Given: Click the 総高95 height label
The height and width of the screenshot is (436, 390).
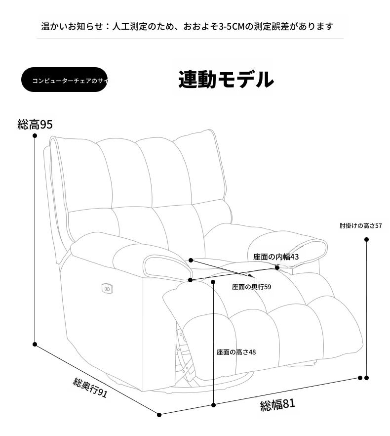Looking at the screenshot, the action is pyautogui.click(x=35, y=124).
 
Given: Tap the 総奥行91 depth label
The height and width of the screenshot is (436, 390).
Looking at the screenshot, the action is pyautogui.click(x=90, y=388).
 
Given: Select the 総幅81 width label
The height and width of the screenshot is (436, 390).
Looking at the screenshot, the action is pyautogui.click(x=277, y=404).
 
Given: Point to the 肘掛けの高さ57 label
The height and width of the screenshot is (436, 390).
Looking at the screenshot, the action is pyautogui.click(x=360, y=225).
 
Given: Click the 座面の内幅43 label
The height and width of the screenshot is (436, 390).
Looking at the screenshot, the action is pyautogui.click(x=276, y=257).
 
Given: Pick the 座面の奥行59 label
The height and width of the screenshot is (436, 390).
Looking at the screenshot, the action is pyautogui.click(x=251, y=287).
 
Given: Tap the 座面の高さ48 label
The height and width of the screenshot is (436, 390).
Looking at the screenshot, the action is pyautogui.click(x=236, y=352).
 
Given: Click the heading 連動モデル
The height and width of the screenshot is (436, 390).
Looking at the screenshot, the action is pyautogui.click(x=226, y=80).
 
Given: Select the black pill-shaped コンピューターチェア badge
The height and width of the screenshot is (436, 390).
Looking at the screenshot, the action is pyautogui.click(x=65, y=80).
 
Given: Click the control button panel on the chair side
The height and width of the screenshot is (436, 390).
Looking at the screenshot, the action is pyautogui.click(x=107, y=289).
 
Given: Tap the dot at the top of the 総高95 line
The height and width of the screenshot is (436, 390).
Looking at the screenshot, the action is pyautogui.click(x=35, y=135).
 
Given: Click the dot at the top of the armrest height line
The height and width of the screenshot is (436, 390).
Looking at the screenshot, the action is pyautogui.click(x=366, y=239).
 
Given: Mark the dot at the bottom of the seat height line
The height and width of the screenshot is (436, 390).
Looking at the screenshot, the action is pyautogui.click(x=213, y=405).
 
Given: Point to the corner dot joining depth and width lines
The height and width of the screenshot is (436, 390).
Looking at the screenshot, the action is pyautogui.click(x=159, y=415).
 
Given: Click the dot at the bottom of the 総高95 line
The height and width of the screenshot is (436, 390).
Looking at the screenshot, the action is pyautogui.click(x=35, y=344).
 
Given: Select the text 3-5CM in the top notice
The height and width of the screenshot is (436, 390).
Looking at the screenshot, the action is pyautogui.click(x=232, y=27).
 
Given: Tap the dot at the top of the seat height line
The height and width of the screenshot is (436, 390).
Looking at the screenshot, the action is pyautogui.click(x=213, y=282).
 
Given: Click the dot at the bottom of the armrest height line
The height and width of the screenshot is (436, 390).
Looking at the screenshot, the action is pyautogui.click(x=366, y=378).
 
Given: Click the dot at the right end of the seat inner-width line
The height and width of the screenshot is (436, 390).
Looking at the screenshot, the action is pyautogui.click(x=277, y=268).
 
